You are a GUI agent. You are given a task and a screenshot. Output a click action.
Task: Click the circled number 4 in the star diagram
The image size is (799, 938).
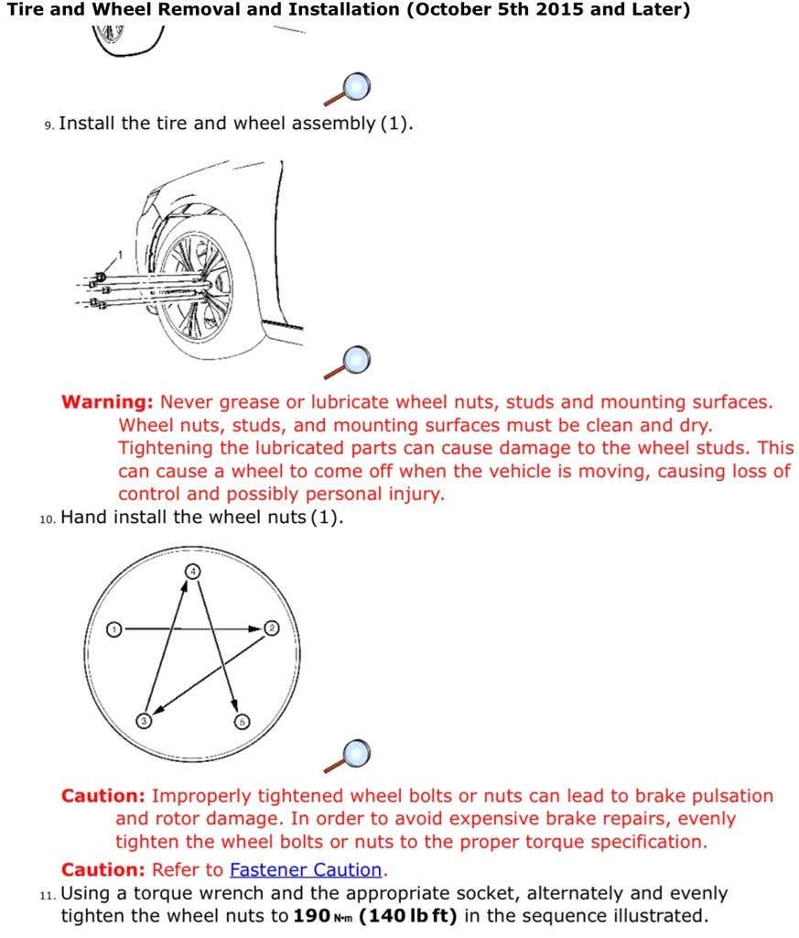click(x=192, y=571)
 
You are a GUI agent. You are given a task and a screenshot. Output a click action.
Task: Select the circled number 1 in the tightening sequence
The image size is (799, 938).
click(x=113, y=629)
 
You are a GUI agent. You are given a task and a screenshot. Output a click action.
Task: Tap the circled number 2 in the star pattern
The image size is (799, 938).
click(x=271, y=627)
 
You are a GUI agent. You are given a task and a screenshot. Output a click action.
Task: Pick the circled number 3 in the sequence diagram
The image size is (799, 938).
click(x=145, y=720)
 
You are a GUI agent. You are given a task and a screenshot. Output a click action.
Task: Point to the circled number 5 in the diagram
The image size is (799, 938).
click(x=242, y=721)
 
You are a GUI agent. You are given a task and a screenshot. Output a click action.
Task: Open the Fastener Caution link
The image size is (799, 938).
click(x=306, y=869)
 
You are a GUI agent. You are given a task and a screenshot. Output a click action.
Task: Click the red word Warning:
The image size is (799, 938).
click(x=107, y=401)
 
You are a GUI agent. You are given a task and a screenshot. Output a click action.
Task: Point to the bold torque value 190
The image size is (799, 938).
click(x=310, y=915)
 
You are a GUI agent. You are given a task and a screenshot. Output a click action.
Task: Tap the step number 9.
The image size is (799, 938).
click(x=49, y=125)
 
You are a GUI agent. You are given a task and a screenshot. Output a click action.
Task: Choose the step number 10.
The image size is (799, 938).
click(x=48, y=518)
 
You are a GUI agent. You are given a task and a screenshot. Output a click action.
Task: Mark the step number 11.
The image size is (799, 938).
click(x=48, y=894)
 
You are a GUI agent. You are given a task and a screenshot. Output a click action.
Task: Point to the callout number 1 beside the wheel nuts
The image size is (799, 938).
click(x=119, y=254)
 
